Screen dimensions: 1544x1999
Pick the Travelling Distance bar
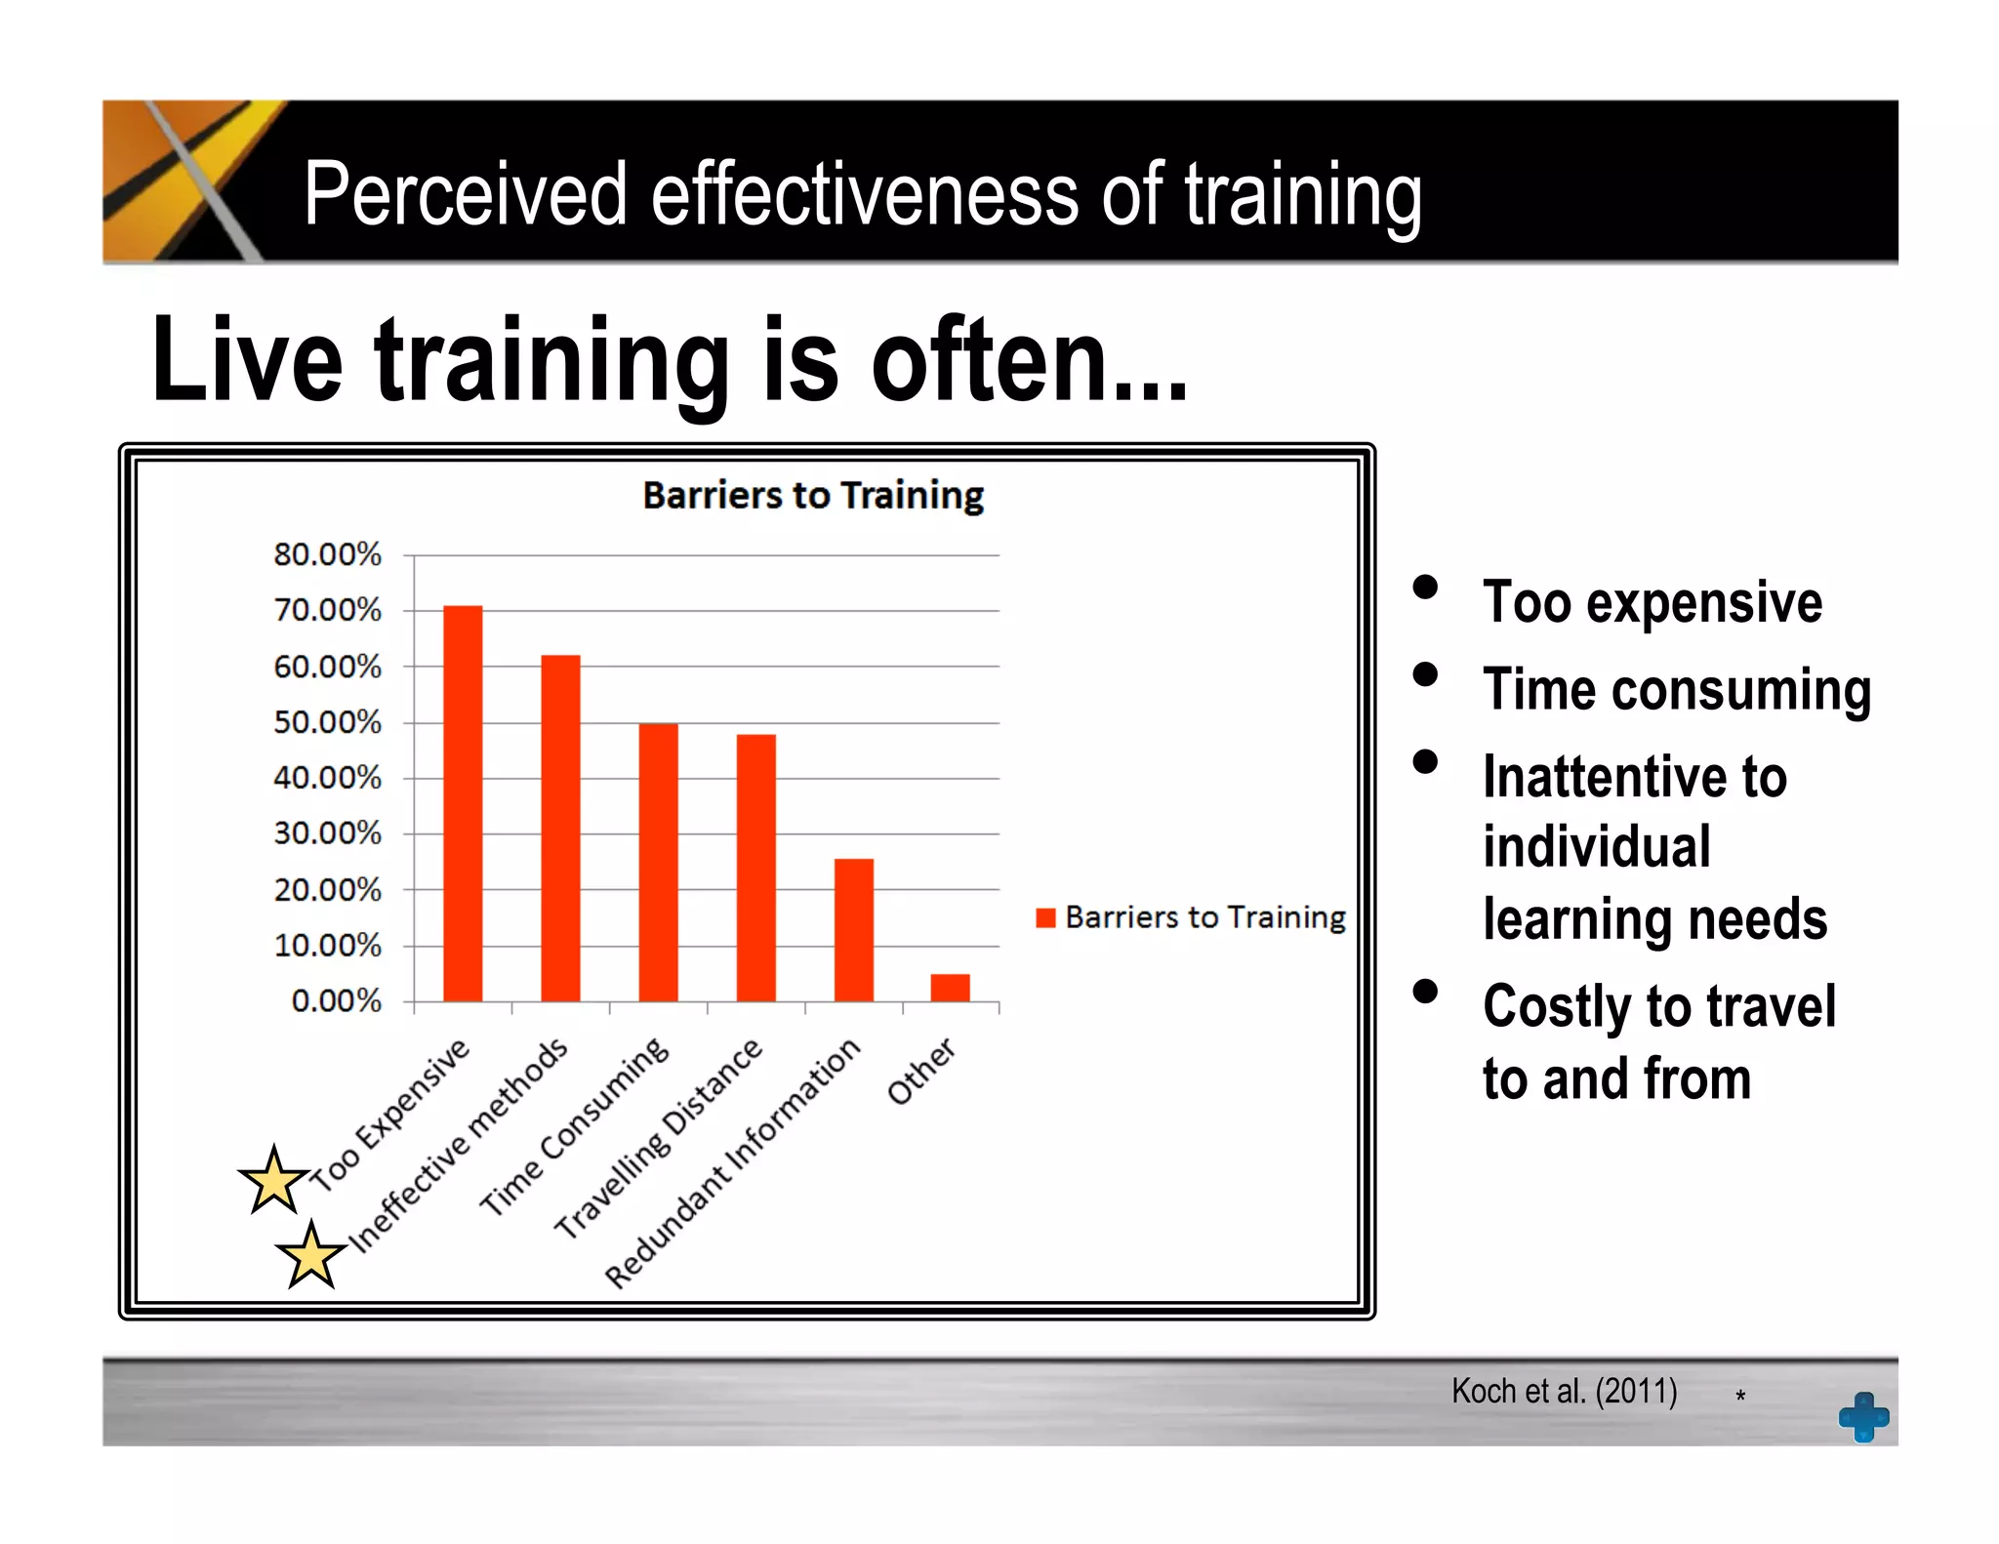[755, 868]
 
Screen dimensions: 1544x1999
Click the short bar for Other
[950, 988]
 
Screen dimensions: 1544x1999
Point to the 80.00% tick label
[327, 554]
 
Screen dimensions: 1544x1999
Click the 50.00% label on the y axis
[327, 722]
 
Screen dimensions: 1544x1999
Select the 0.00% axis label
[336, 1000]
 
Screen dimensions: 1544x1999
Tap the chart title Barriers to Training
[813, 496]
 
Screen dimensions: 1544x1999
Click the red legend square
[1045, 917]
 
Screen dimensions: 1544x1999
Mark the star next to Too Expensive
[274, 1181]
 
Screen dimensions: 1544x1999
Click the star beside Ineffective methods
[311, 1255]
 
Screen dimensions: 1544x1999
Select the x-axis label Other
[920, 1071]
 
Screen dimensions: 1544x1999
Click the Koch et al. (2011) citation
[1564, 1391]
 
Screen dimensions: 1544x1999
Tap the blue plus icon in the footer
[1863, 1416]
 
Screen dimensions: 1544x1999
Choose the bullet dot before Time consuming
[1425, 674]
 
